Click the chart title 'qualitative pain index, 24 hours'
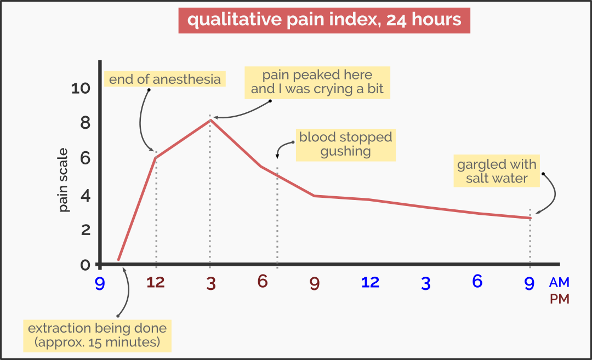click(324, 20)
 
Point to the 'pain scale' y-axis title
click(64, 180)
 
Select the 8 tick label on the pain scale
click(86, 123)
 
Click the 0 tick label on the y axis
click(86, 265)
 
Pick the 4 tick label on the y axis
click(86, 195)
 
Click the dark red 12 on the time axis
click(156, 283)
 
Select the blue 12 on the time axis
click(370, 282)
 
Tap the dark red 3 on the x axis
click(210, 284)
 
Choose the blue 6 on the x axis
click(477, 282)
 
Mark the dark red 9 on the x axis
click(314, 284)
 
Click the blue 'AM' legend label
click(559, 283)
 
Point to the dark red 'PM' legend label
click(559, 300)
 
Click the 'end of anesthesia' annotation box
click(164, 79)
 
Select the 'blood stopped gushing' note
click(345, 145)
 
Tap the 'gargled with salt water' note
click(497, 171)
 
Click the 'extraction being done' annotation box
click(97, 336)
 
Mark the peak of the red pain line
click(210, 119)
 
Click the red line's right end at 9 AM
click(530, 218)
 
